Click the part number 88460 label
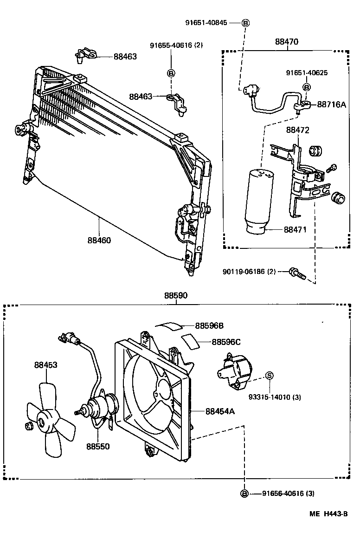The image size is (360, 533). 99,240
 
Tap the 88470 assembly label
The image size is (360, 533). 286,42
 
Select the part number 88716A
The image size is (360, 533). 331,105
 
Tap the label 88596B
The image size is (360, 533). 209,326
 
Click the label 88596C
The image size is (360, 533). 226,342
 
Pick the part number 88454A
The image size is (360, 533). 220,411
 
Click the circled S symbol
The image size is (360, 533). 269,376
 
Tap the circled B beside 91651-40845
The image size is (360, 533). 245,23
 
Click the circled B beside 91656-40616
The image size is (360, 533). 244,494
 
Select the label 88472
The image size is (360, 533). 297,130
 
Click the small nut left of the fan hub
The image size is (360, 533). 27,426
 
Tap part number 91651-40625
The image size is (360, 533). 307,73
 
